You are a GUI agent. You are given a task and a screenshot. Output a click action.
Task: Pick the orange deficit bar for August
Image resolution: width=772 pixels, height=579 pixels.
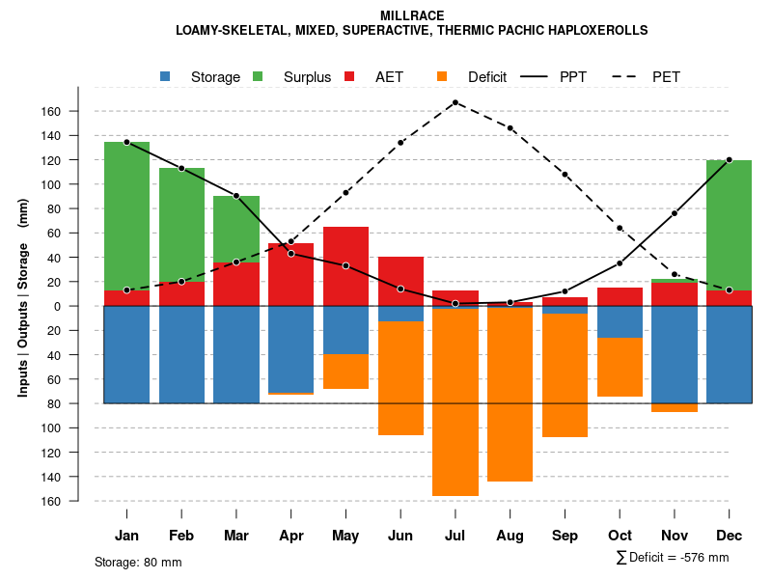[510, 395]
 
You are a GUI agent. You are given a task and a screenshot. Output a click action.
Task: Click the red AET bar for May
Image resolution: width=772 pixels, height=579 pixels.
[345, 266]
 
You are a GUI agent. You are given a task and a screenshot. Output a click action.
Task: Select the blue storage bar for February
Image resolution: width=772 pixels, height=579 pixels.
[181, 354]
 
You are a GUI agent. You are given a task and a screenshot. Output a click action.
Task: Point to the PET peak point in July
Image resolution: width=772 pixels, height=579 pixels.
[455, 102]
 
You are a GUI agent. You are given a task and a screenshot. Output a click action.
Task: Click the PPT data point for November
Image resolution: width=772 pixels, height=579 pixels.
[675, 212]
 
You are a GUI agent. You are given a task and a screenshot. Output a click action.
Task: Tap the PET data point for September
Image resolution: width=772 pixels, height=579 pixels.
[565, 175]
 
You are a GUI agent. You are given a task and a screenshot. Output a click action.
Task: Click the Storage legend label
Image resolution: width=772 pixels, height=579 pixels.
[215, 77]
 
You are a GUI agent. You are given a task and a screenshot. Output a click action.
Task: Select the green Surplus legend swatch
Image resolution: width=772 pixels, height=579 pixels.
[258, 76]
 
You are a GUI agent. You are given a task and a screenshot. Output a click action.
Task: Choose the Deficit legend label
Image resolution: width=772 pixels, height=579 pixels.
[487, 77]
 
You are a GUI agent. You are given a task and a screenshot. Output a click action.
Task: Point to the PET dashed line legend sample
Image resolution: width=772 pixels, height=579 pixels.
[627, 76]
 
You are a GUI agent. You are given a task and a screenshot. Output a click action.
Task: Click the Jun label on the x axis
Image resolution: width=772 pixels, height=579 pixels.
[400, 536]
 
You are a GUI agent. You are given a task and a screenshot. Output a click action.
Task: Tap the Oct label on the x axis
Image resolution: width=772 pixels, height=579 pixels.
[620, 536]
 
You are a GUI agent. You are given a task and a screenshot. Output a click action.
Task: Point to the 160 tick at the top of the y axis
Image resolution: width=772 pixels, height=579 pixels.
[52, 111]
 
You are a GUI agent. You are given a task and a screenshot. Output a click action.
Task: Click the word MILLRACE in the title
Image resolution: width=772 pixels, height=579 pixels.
[412, 15]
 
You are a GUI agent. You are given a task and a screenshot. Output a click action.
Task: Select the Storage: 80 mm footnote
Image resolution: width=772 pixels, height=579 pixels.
[138, 562]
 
